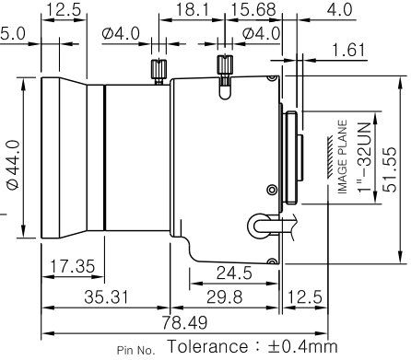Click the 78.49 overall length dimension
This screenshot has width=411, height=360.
(x=184, y=322)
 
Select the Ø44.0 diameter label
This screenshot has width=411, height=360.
(x=13, y=165)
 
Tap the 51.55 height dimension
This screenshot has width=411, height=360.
(x=390, y=169)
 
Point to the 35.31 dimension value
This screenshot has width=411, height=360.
(x=106, y=297)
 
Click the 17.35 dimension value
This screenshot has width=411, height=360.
(x=73, y=266)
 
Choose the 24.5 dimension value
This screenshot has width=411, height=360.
(x=234, y=273)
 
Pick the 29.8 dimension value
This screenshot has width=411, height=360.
(x=225, y=297)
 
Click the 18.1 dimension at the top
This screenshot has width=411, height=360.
(x=192, y=9)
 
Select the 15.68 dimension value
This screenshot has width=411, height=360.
(x=253, y=9)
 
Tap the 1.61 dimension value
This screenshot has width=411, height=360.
(x=349, y=50)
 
